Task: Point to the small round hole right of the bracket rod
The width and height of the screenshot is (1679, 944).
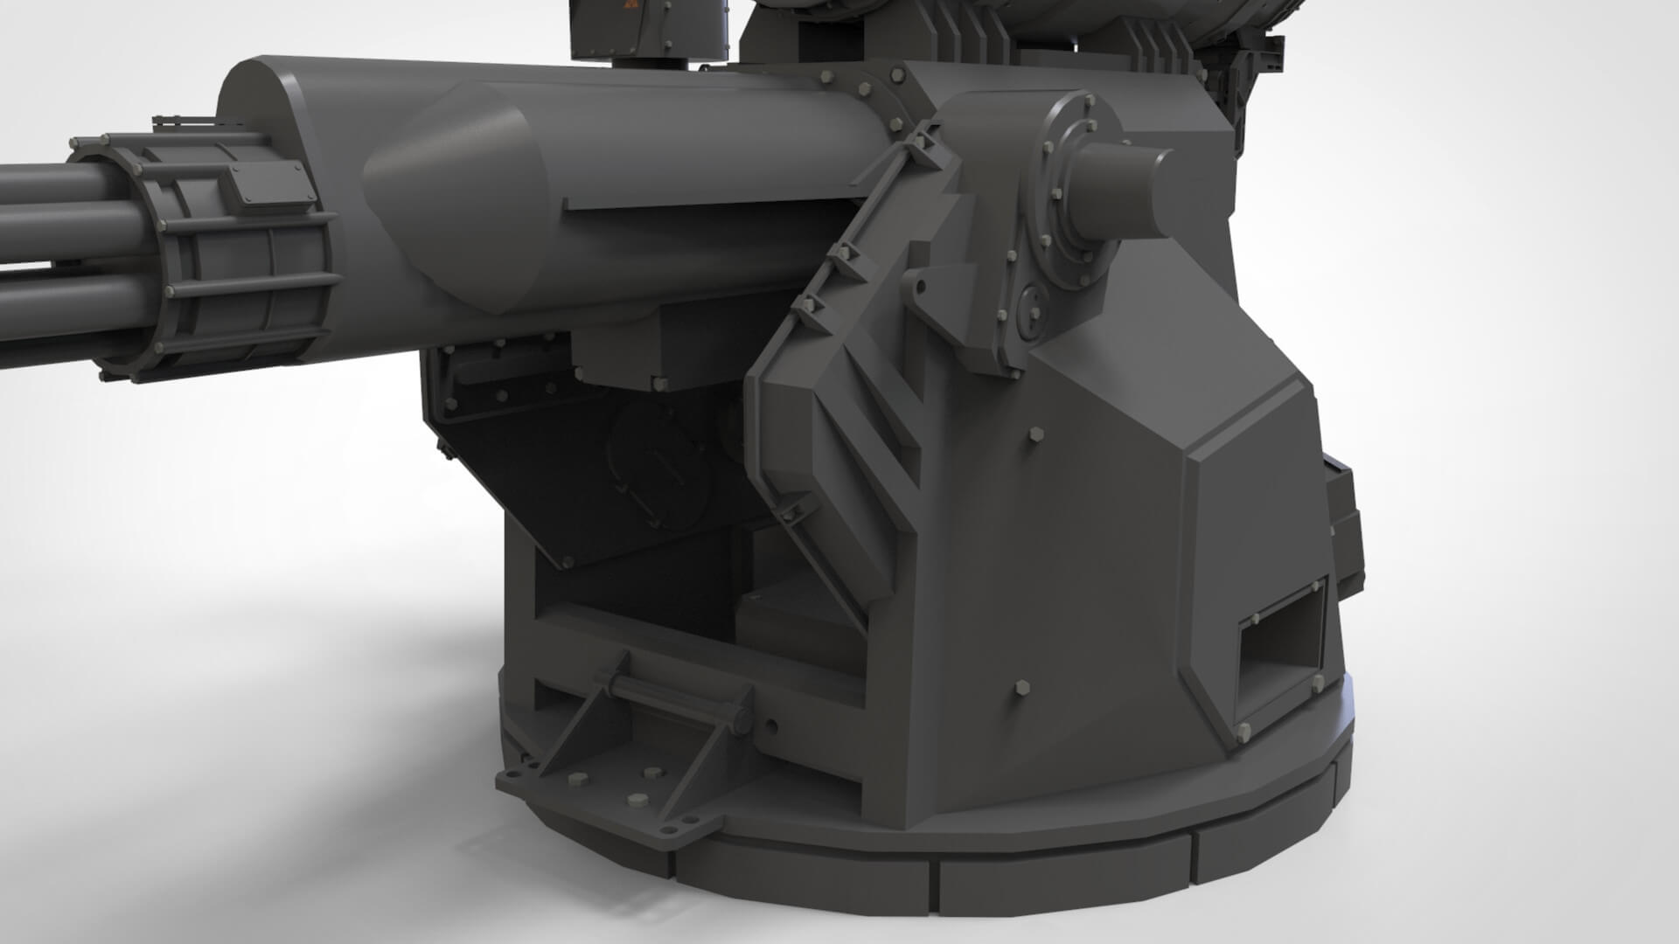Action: [x=770, y=724]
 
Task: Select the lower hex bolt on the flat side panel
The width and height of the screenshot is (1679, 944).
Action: [x=1022, y=688]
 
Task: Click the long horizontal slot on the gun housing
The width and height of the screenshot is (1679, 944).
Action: [x=708, y=203]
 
